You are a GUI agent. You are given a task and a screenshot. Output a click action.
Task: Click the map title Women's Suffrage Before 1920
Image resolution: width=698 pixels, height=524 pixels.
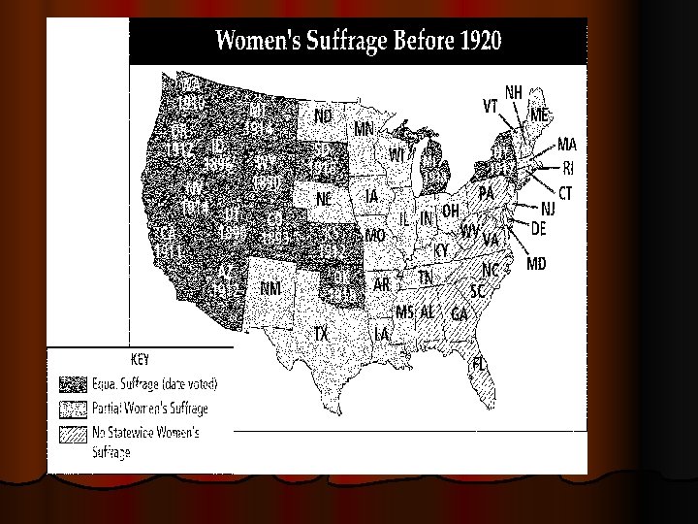pyautogui.click(x=358, y=42)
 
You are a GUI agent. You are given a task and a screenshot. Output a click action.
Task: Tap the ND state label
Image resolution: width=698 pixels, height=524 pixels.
pyautogui.click(x=324, y=115)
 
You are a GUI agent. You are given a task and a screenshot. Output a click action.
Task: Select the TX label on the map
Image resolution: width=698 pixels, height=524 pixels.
pyautogui.click(x=321, y=333)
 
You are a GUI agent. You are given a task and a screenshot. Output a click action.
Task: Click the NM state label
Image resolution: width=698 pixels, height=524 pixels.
pyautogui.click(x=272, y=287)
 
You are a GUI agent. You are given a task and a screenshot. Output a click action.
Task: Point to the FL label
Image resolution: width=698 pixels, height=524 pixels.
pyautogui.click(x=479, y=363)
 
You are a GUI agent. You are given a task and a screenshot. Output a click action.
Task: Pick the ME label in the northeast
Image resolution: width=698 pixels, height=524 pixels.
pyautogui.click(x=541, y=115)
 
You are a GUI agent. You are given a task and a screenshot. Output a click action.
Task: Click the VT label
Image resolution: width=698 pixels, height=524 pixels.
pyautogui.click(x=492, y=104)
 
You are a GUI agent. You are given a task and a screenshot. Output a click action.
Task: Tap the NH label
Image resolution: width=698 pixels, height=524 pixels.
pyautogui.click(x=514, y=91)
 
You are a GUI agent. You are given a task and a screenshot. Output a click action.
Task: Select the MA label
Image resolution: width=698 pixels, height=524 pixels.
pyautogui.click(x=568, y=145)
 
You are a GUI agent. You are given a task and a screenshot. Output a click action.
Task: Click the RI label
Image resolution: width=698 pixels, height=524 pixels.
pyautogui.click(x=569, y=167)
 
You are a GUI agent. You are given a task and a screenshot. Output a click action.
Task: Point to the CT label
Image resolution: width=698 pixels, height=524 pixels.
pyautogui.click(x=566, y=193)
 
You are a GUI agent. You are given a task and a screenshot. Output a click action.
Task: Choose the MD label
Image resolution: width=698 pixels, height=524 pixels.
pyautogui.click(x=536, y=263)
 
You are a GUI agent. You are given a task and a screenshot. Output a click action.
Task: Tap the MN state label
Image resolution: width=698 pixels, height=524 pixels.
pyautogui.click(x=365, y=128)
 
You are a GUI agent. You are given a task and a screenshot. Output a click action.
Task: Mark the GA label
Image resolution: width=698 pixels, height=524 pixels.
pyautogui.click(x=460, y=313)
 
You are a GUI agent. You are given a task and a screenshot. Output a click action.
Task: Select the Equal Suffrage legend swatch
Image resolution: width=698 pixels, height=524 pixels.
pyautogui.click(x=73, y=383)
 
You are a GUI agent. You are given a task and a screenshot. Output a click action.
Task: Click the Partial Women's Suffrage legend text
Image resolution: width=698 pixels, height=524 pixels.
pyautogui.click(x=150, y=409)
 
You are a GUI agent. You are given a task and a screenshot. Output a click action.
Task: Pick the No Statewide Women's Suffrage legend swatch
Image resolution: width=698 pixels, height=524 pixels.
pyautogui.click(x=73, y=434)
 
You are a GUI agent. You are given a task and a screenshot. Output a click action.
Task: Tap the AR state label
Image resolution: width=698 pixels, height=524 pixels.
pyautogui.click(x=383, y=284)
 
